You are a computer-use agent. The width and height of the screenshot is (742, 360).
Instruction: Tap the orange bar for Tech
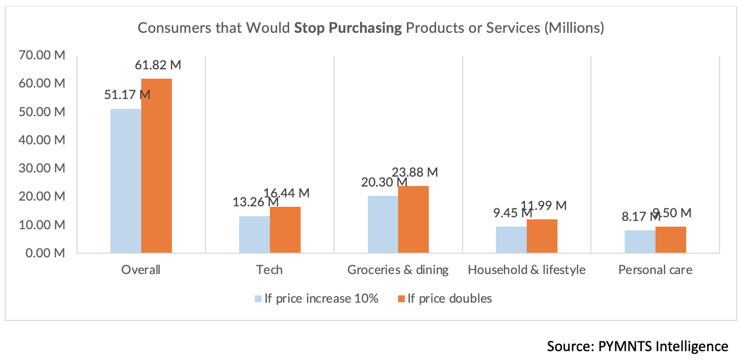click(285, 230)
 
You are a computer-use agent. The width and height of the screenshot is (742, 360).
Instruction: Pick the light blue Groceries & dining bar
click(382, 225)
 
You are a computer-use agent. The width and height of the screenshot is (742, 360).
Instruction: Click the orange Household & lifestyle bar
click(542, 236)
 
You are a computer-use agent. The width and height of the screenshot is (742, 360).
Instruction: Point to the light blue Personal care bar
click(639, 242)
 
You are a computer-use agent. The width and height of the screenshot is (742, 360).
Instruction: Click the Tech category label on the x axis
click(269, 269)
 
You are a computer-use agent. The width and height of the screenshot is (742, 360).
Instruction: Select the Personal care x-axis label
click(655, 269)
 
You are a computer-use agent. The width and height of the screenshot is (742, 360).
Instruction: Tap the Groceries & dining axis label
click(398, 269)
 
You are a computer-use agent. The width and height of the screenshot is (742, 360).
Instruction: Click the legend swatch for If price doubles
click(401, 299)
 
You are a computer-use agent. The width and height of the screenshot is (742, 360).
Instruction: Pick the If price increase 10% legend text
click(321, 299)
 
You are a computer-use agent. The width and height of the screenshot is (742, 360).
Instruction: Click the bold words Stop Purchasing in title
click(348, 28)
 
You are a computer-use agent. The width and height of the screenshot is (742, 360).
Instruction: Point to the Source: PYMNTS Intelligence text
click(637, 346)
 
